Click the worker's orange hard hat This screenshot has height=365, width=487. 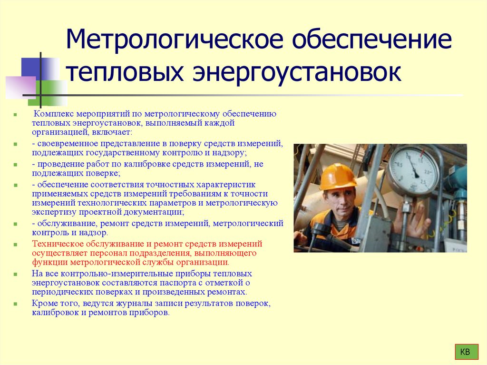[337, 177]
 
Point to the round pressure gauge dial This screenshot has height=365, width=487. [413, 171]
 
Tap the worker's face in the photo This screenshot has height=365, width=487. [340, 202]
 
